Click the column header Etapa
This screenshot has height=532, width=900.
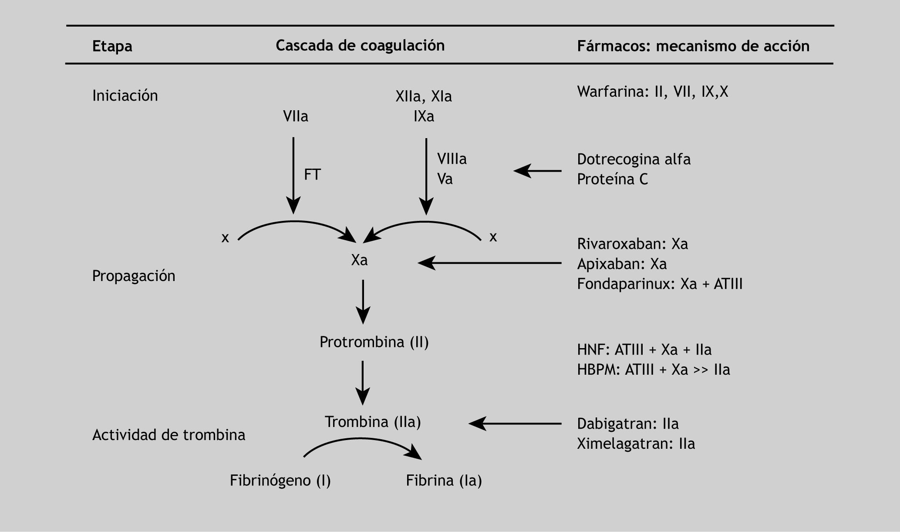pos(112,46)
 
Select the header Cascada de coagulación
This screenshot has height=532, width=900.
pos(360,45)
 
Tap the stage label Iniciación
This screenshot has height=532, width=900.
pos(125,95)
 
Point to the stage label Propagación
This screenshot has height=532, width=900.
pos(133,276)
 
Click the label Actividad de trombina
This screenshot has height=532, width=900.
pos(169,435)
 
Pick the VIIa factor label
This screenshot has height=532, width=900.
pos(295,116)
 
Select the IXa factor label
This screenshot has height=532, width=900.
pos(424,116)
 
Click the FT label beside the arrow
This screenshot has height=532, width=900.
pos(312,175)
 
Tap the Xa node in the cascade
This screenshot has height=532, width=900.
pos(359,260)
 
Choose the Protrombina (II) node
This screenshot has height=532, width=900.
pos(374,342)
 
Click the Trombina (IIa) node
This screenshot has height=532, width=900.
pos(373,422)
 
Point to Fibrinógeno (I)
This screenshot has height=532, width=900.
pos(280,480)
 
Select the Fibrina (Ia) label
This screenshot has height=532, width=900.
pos(444,480)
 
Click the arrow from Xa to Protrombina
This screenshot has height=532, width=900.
pos(363,302)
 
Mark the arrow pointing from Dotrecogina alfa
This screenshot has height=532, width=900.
pos(537,171)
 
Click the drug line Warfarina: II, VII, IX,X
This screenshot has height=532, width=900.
pos(652,92)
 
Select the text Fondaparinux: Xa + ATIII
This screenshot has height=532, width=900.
pos(660,284)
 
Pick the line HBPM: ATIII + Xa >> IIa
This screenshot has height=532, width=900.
pos(653,369)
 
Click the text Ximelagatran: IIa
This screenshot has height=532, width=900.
pos(636,444)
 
